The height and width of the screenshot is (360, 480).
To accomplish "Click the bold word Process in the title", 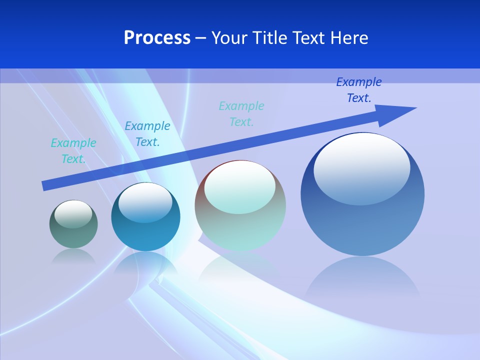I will click(157, 38).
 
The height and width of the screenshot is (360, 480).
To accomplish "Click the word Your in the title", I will click(230, 38).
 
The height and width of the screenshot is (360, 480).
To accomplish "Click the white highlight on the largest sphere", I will click(361, 167).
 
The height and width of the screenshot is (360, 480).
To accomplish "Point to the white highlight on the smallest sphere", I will click(73, 214).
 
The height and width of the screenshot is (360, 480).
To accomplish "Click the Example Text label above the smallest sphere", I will click(73, 151).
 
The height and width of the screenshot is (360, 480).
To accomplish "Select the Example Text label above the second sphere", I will click(147, 134).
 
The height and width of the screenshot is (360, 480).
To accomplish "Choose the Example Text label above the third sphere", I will click(241, 114).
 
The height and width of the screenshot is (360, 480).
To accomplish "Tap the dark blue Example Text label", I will click(359, 90).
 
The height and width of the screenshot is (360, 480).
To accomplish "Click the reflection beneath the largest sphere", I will click(362, 277).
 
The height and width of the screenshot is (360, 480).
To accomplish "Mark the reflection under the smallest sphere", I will click(73, 256).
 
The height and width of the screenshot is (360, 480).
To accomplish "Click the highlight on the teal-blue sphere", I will click(145, 202).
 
